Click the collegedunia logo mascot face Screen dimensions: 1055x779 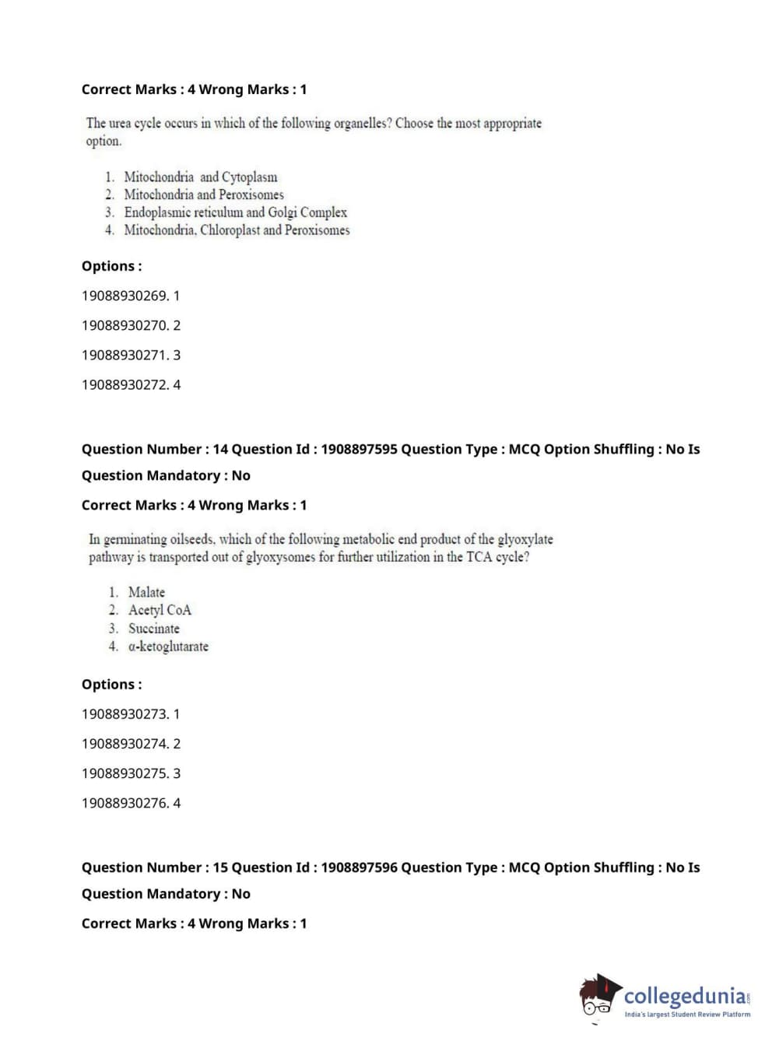pos(598,998)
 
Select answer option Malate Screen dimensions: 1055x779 pos(146,592)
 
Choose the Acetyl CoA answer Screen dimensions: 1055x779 pos(160,610)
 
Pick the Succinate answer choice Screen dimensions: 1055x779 pos(153,629)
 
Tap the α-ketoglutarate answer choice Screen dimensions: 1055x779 pos(168,647)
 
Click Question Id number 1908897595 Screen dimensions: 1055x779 pos(359,449)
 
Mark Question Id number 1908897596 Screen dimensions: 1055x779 pos(359,867)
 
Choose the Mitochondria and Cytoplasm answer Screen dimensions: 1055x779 pos(200,177)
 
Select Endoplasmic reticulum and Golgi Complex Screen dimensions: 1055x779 pos(235,212)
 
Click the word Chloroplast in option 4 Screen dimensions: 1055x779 pos(230,230)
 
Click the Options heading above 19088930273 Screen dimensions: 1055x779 pos(111,685)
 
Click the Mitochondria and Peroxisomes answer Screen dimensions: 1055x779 pos(204,195)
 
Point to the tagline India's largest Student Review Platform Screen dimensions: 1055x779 pos(687,1014)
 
